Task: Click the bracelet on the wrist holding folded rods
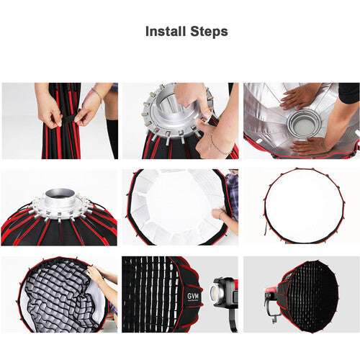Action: click(x=95, y=94)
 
